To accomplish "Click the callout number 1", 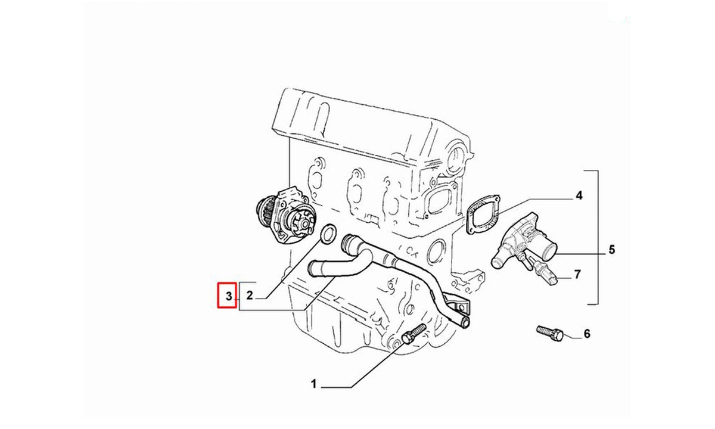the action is click(x=314, y=384).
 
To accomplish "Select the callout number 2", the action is click(x=250, y=296).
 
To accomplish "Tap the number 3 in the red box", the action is click(x=229, y=296).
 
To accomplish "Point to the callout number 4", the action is click(x=579, y=195).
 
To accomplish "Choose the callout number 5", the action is click(x=611, y=250).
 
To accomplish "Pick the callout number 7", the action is click(x=577, y=275).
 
